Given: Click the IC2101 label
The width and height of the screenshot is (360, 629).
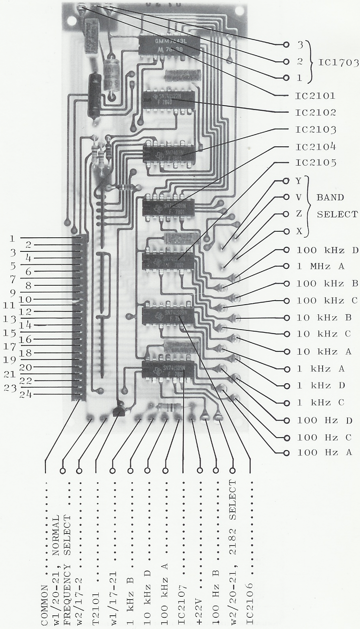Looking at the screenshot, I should click(312, 96).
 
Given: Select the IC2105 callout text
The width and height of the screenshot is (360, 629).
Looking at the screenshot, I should click(312, 163).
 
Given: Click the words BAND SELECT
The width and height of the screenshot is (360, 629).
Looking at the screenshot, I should click(337, 206).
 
